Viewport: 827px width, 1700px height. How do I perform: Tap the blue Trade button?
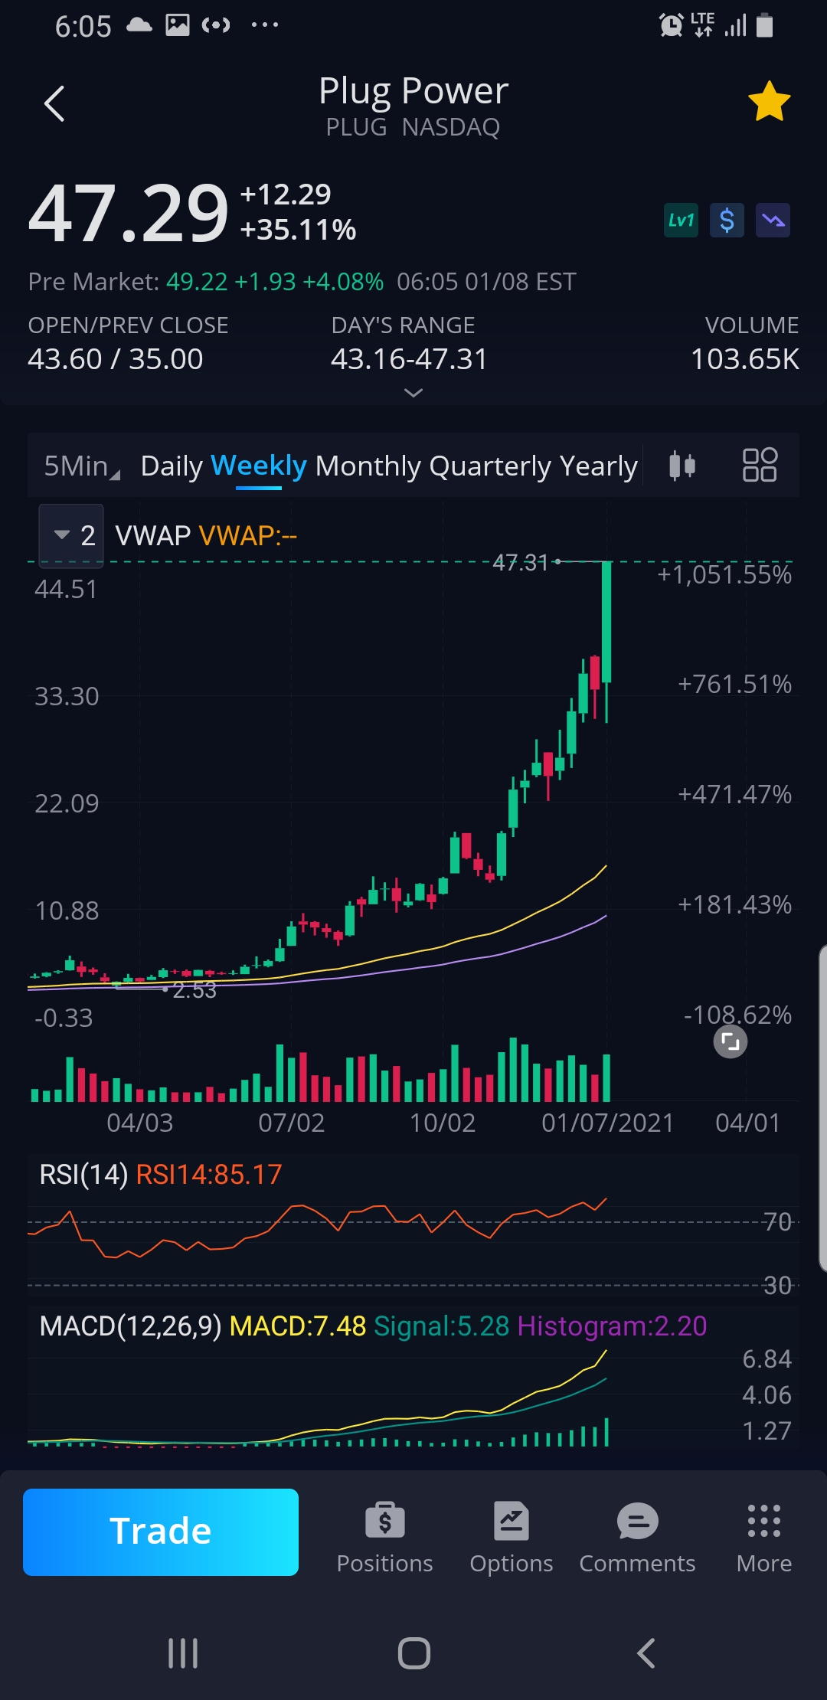pos(161,1532)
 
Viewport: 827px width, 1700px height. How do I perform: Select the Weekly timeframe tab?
pos(258,466)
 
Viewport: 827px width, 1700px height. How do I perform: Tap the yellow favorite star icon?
pos(769,102)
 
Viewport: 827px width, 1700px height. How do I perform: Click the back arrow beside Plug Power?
pos(54,103)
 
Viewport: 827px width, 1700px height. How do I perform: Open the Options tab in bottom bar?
pos(511,1536)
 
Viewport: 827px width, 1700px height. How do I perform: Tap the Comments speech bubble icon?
pos(637,1522)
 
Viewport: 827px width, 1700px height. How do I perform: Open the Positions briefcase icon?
pos(384,1522)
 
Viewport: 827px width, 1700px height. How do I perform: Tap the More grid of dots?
pos(763,1522)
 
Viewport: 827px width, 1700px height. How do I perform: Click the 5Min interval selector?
pos(80,466)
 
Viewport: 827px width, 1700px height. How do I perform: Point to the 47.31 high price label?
pos(521,563)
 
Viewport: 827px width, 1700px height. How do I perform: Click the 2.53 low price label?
pos(194,990)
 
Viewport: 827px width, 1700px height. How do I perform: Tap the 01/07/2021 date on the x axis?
pos(607,1123)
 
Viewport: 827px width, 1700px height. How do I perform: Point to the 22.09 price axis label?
pos(67,803)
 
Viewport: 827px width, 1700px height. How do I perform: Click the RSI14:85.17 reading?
pos(209,1174)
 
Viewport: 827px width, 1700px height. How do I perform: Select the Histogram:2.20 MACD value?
pos(612,1326)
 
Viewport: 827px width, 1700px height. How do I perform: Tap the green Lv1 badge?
pos(681,221)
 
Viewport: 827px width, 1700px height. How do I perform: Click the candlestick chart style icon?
pos(682,465)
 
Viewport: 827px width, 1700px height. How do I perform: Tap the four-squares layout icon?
pos(760,465)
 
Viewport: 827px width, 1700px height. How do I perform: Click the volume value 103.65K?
pos(744,358)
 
